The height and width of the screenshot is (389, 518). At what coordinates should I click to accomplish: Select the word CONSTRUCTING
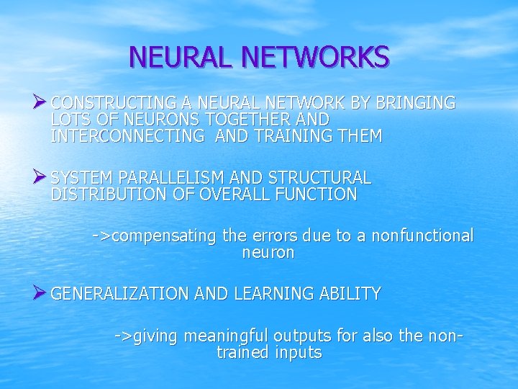click(x=109, y=103)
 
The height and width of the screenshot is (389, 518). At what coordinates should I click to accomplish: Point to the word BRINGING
click(x=413, y=103)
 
